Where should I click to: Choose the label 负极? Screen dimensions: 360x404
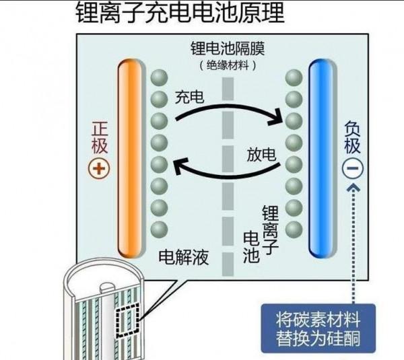[x=353, y=137]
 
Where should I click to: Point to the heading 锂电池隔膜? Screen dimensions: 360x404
[x=228, y=50]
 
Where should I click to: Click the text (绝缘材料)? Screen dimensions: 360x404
[x=228, y=65]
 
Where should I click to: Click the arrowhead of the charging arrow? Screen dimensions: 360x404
[x=276, y=121]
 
